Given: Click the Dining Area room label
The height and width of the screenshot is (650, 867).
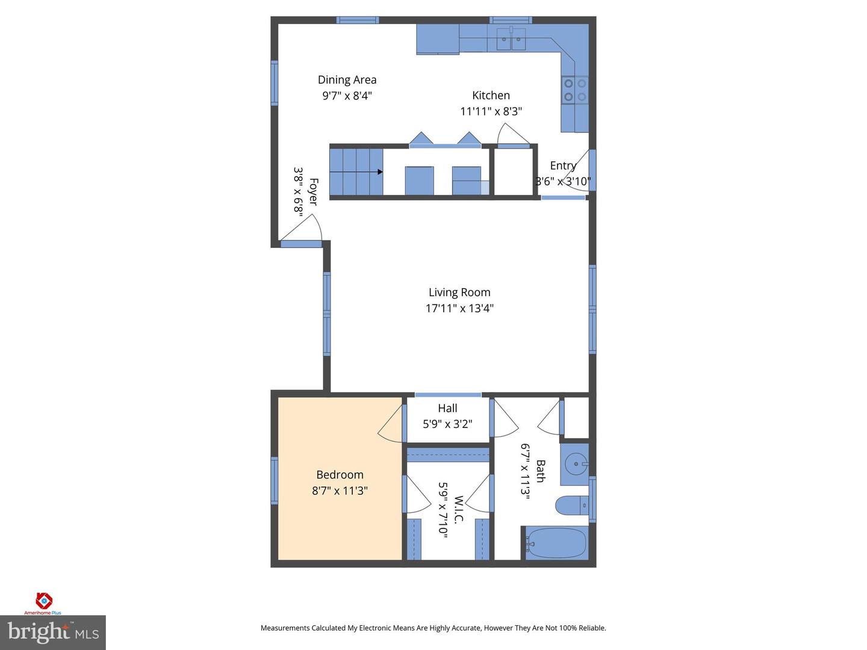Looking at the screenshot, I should coord(347,79).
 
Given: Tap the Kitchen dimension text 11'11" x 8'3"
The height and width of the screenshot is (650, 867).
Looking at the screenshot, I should coord(491,111).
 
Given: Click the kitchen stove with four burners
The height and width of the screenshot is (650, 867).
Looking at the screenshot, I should coord(574,90).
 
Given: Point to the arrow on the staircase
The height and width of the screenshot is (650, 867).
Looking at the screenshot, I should coord(379,172).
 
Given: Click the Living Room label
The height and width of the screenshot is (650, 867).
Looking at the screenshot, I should coord(459,292).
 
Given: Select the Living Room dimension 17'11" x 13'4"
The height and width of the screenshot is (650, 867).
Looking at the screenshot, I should coord(459,308).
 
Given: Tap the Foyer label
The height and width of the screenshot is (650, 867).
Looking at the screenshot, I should coord(313,191).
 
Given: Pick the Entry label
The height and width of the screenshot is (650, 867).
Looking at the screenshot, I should coord(563,166).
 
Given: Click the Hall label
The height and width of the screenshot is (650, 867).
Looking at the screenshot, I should coord(447,408).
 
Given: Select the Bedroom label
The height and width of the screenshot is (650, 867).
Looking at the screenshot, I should coord(340,475).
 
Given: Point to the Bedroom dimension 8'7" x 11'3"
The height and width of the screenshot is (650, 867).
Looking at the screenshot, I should coord(340,491).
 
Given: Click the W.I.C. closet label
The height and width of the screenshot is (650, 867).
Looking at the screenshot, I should coord(458,509).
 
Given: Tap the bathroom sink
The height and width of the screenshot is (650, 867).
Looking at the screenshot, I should coord(575,464).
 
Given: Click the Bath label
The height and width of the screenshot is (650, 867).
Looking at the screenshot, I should coord(540,471).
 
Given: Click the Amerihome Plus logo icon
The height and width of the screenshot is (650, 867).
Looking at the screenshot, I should coord(43,601).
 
